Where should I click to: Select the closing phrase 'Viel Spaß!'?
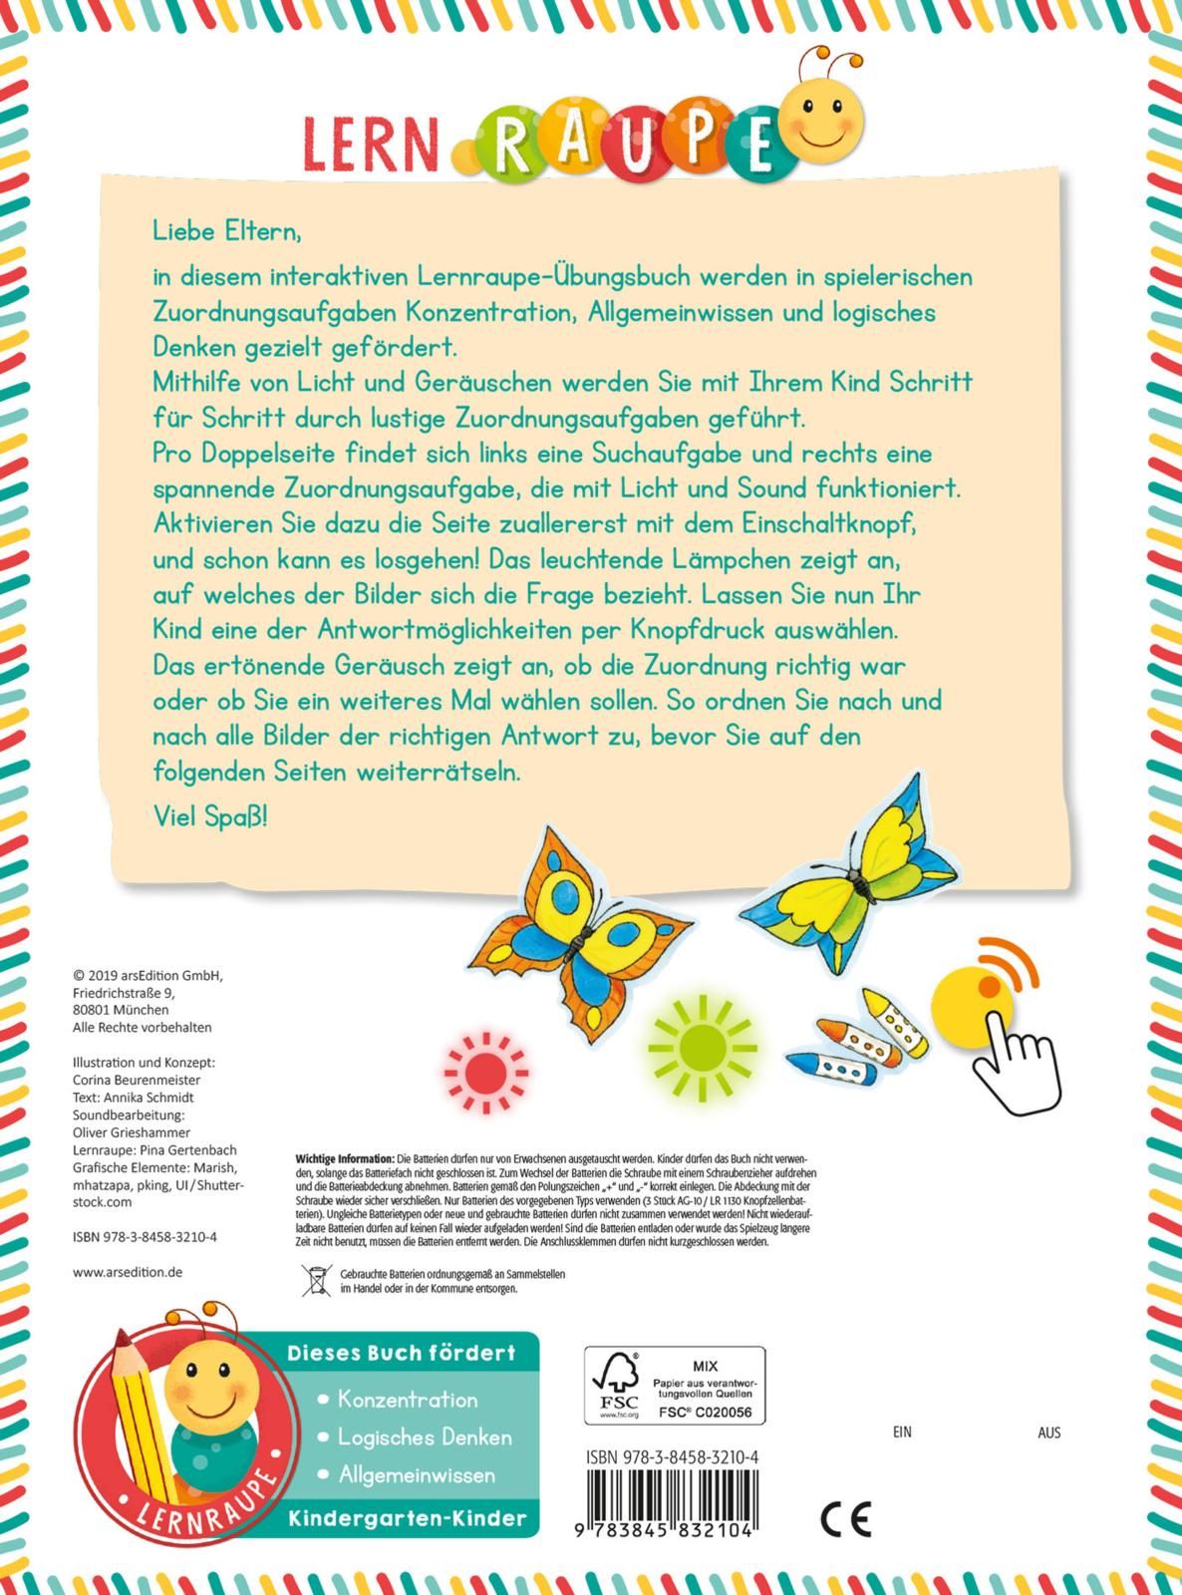(210, 816)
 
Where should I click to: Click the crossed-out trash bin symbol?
(317, 1280)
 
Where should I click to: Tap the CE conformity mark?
(845, 1519)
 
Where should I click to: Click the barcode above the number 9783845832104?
(672, 1496)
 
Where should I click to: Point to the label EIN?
(902, 1432)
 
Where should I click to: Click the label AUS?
(1048, 1432)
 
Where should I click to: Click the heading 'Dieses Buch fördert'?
(402, 1353)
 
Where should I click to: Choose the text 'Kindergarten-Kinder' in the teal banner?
(407, 1518)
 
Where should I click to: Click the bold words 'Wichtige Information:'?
(345, 1159)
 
